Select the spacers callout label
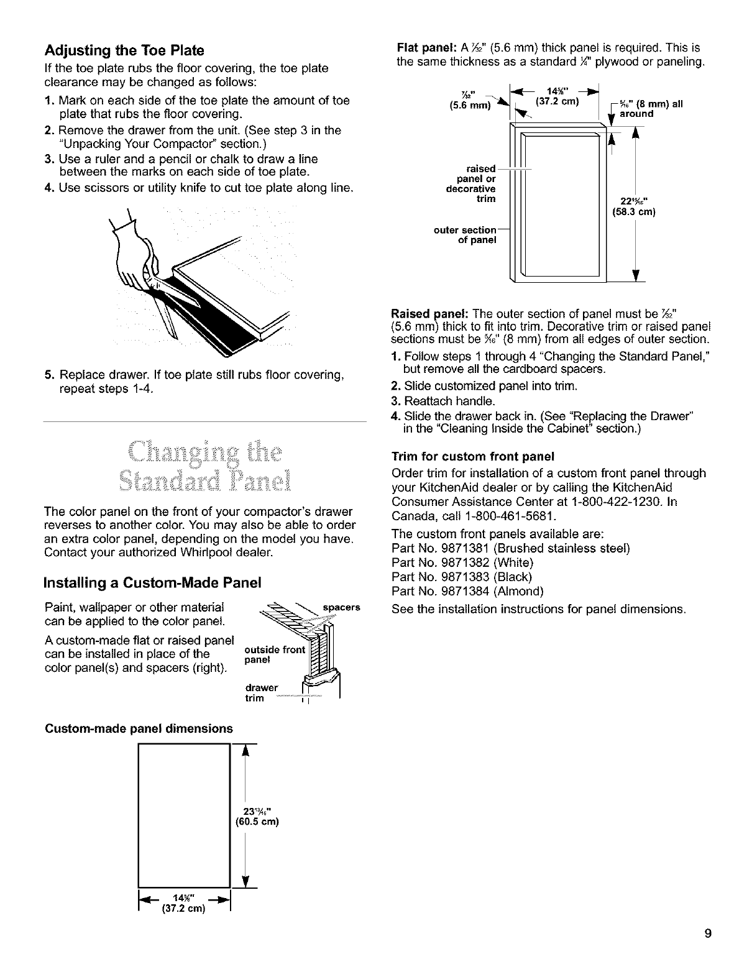(x=342, y=607)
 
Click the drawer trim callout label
(x=260, y=692)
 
